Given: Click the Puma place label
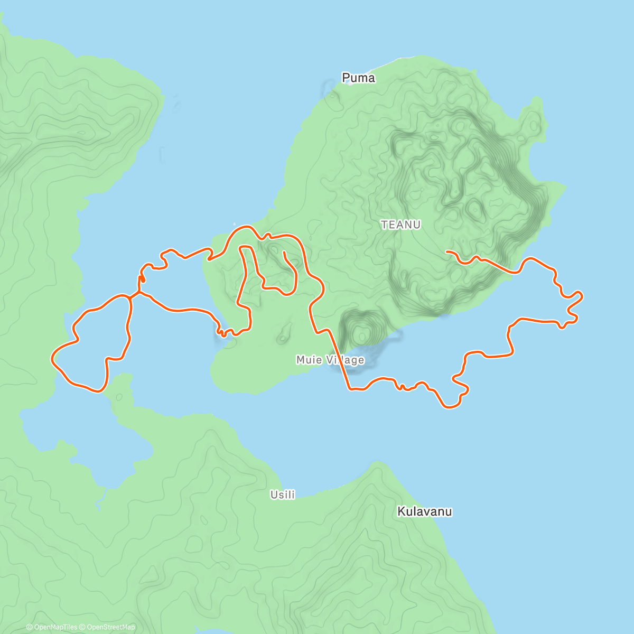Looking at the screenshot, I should tap(358, 78).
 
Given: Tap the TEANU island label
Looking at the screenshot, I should tap(401, 225).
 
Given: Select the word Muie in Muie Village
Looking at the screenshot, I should tap(308, 360).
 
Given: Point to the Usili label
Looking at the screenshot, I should tap(283, 495).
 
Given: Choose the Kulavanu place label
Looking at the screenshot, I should tap(424, 511).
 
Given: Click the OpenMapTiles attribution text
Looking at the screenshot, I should tap(55, 627).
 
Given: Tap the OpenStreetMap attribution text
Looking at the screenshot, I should tap(110, 627).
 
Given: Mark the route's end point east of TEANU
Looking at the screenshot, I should tap(447, 251).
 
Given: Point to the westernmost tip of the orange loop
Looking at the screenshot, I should tap(52, 359).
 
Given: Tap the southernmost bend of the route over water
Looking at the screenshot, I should tap(449, 407).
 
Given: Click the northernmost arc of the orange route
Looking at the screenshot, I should tap(244, 227).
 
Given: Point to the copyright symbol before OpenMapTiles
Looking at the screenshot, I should tap(29, 627).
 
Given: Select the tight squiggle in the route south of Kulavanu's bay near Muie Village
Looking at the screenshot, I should tap(402, 387).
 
